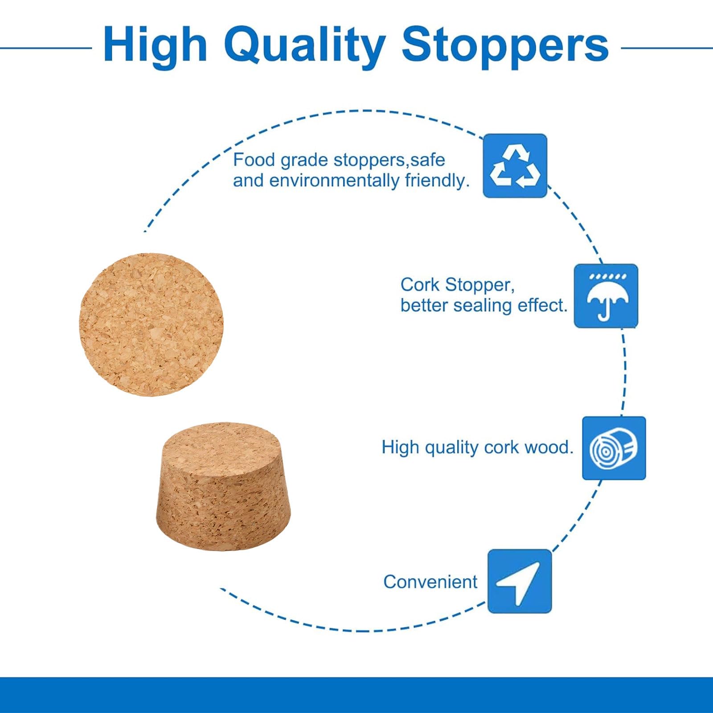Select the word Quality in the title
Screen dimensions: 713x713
(304, 46)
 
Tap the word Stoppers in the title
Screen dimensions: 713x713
(505, 46)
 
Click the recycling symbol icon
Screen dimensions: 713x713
(515, 166)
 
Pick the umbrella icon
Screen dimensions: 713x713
(606, 296)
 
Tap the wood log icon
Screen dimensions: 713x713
(614, 448)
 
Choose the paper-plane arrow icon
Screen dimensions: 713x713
(520, 581)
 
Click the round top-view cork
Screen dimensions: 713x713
(151, 324)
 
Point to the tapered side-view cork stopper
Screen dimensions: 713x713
(223, 487)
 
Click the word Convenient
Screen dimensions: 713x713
(430, 582)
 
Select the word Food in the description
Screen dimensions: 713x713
(254, 160)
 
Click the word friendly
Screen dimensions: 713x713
(437, 181)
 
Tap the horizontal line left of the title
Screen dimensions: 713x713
(46, 48)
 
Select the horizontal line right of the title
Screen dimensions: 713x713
(667, 48)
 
